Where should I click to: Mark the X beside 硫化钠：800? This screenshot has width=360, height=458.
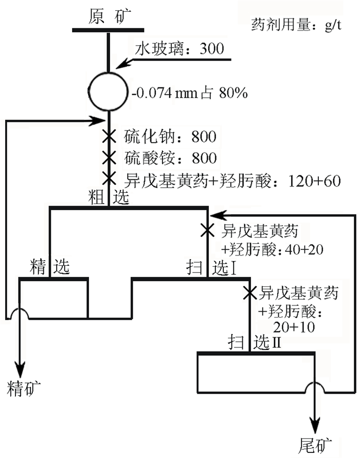[x=109, y=137]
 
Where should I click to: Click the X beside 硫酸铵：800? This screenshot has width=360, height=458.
[x=109, y=157]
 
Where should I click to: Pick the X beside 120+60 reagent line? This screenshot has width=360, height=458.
[x=109, y=178]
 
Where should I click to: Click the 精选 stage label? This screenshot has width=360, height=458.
[x=49, y=267]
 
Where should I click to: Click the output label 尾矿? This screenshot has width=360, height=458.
[x=315, y=444]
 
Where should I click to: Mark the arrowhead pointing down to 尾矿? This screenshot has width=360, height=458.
[x=315, y=423]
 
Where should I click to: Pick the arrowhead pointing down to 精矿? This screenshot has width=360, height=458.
[x=21, y=369]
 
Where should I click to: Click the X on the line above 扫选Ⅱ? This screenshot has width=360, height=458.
[x=250, y=293]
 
